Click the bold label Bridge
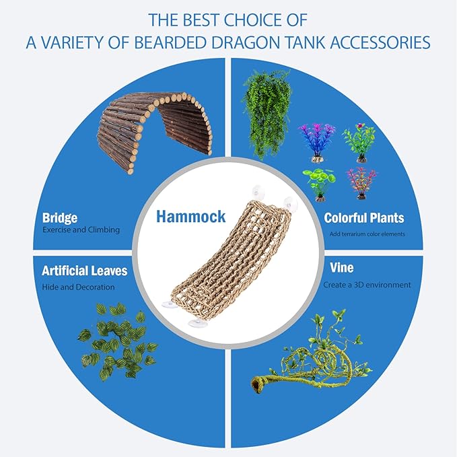tap(60, 218)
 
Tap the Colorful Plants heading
tap(364, 218)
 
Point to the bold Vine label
tap(342, 269)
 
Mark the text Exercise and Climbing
tap(81, 230)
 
